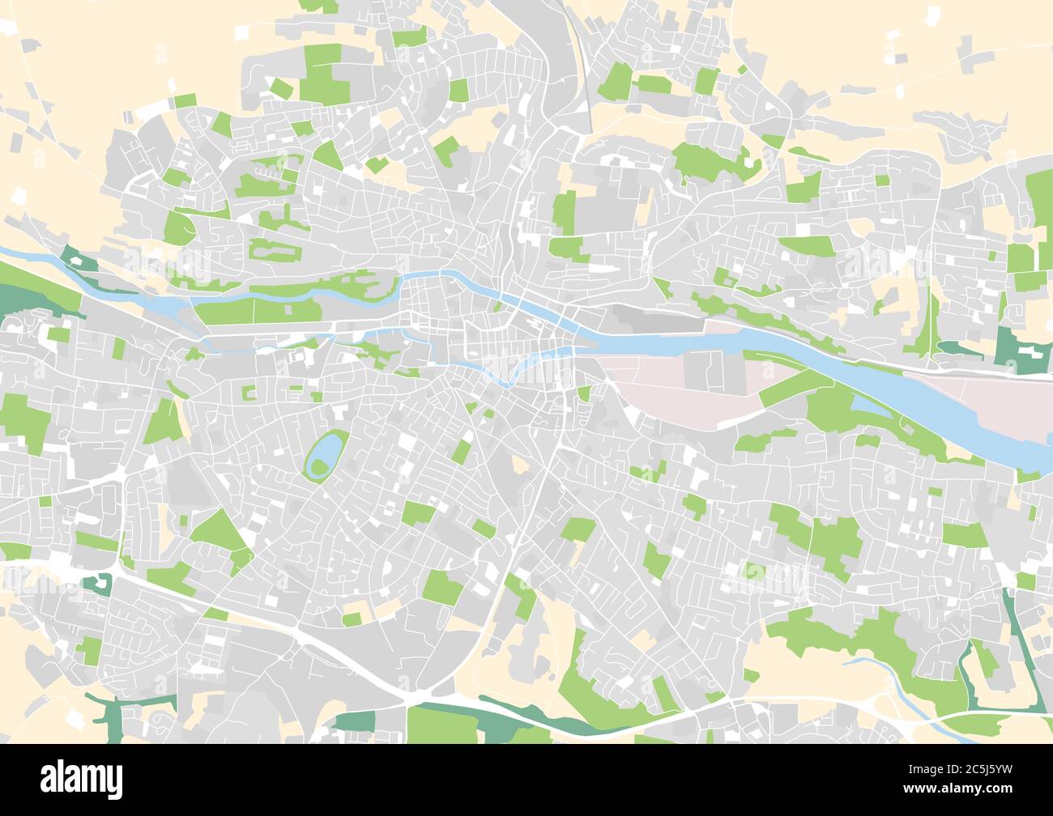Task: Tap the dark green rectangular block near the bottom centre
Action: [355, 720]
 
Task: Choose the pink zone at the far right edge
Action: [1013, 405]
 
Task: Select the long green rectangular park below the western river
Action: [259, 312]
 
